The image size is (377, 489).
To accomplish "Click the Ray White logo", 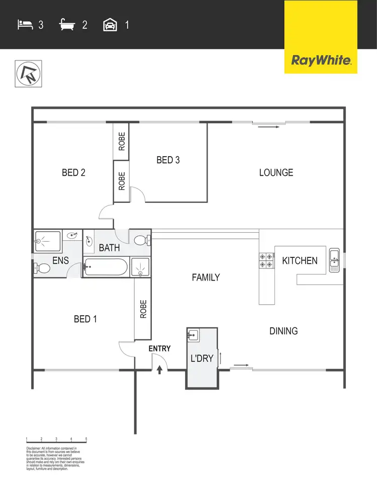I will [x=321, y=61].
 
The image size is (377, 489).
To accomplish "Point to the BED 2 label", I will [x=73, y=173].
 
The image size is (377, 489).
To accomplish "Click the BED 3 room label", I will [x=168, y=160].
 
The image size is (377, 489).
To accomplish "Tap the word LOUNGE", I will [x=276, y=173].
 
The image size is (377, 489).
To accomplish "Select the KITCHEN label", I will [x=300, y=261].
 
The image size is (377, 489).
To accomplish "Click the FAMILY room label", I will [x=206, y=277].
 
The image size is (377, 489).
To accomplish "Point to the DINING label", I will [x=284, y=331].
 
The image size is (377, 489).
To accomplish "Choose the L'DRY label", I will [x=202, y=359].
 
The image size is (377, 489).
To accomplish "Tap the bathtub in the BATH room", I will [x=105, y=266].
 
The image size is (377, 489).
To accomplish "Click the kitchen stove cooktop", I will [x=266, y=260].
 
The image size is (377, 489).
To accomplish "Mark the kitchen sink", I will [x=334, y=260].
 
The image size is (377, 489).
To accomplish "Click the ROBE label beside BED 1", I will [x=143, y=309].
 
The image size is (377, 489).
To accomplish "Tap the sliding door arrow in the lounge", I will [x=269, y=127].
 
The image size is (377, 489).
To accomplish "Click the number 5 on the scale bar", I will [x=86, y=439].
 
